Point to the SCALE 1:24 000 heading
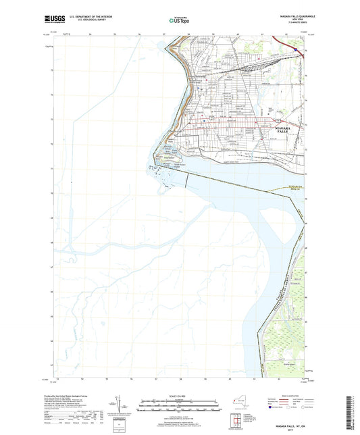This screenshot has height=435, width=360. click(179, 394)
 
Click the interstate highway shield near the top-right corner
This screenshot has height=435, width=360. click(296, 48)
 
